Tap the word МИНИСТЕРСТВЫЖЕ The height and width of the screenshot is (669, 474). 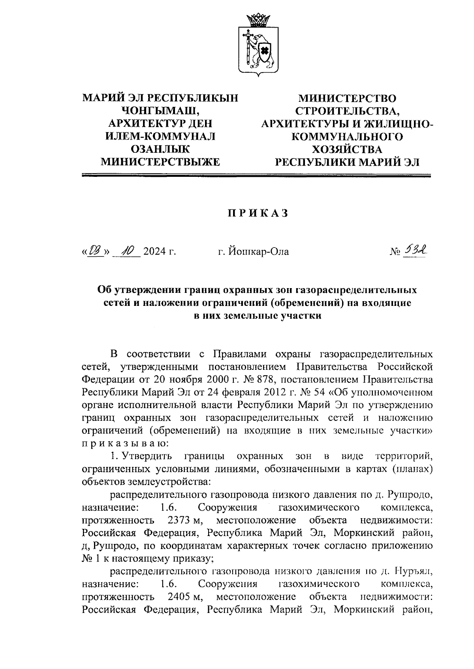pyautogui.click(x=160, y=162)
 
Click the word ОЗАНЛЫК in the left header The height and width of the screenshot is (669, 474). pyautogui.click(x=160, y=149)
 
